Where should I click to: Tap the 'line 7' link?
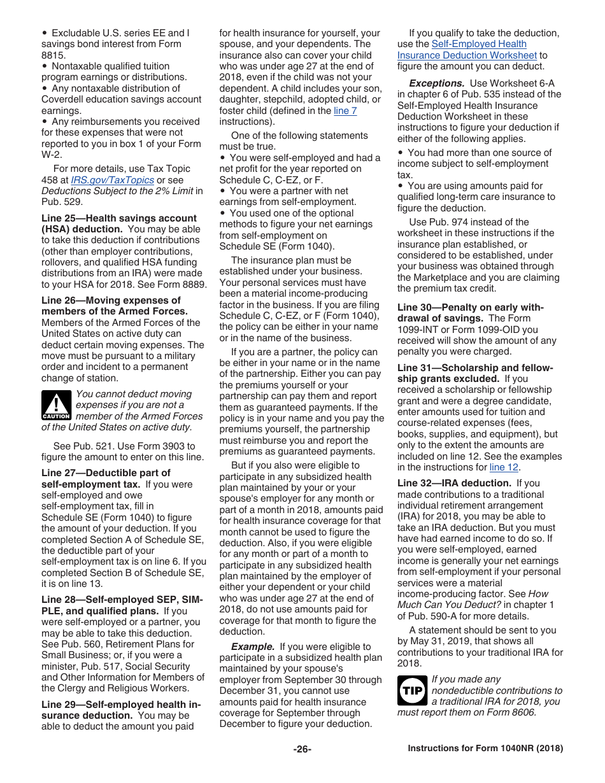(x=345, y=111)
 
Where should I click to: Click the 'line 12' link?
(x=504, y=467)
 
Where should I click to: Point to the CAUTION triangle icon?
(x=56, y=405)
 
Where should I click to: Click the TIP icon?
(x=412, y=690)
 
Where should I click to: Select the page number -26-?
(x=302, y=749)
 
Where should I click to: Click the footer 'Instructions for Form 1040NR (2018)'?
(x=485, y=749)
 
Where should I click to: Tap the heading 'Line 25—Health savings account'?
(x=119, y=218)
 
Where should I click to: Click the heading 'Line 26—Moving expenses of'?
(x=111, y=300)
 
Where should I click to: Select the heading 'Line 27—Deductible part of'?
(x=106, y=472)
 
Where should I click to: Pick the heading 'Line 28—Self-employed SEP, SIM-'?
(x=122, y=600)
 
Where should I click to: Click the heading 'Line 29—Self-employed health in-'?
(x=121, y=704)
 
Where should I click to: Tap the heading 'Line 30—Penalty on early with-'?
(x=471, y=307)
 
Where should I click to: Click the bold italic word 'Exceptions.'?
(x=436, y=83)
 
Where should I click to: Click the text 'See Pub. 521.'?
(x=82, y=446)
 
